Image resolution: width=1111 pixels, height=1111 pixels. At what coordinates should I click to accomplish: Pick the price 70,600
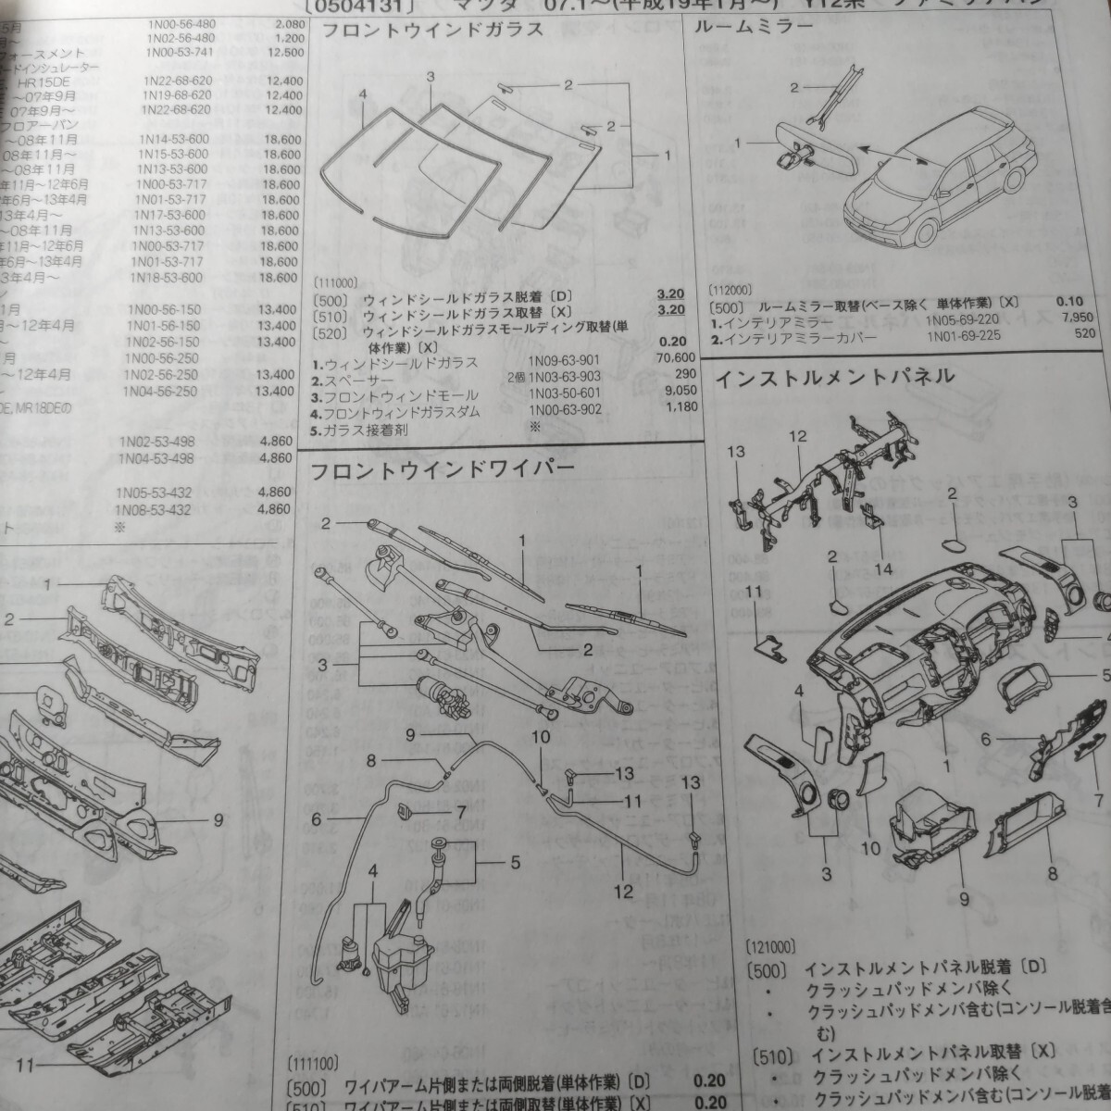674,358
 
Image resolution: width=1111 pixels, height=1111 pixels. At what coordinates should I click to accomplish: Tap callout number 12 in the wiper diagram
623,892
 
